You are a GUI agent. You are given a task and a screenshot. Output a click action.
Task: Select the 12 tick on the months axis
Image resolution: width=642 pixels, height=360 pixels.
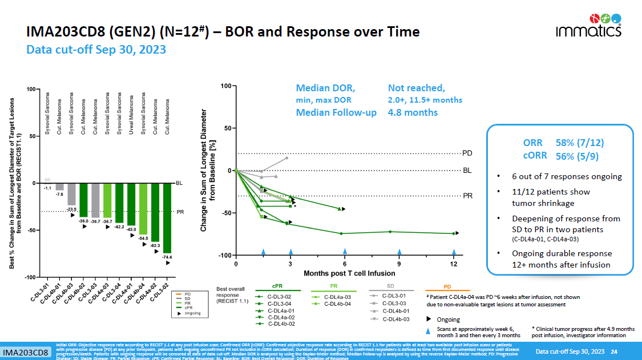click(x=454, y=263)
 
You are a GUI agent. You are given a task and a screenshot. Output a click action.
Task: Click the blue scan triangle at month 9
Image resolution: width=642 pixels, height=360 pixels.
click(x=399, y=251)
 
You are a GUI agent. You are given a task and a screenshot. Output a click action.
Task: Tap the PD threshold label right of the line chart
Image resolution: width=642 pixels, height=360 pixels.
click(x=467, y=153)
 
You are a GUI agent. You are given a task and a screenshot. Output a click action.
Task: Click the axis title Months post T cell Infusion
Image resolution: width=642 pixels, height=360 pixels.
click(x=349, y=273)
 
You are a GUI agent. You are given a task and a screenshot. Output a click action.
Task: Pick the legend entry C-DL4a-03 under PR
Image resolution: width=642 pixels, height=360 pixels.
click(x=337, y=296)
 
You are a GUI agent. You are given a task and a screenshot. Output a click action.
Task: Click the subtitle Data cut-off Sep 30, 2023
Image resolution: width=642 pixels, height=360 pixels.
click(x=96, y=50)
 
